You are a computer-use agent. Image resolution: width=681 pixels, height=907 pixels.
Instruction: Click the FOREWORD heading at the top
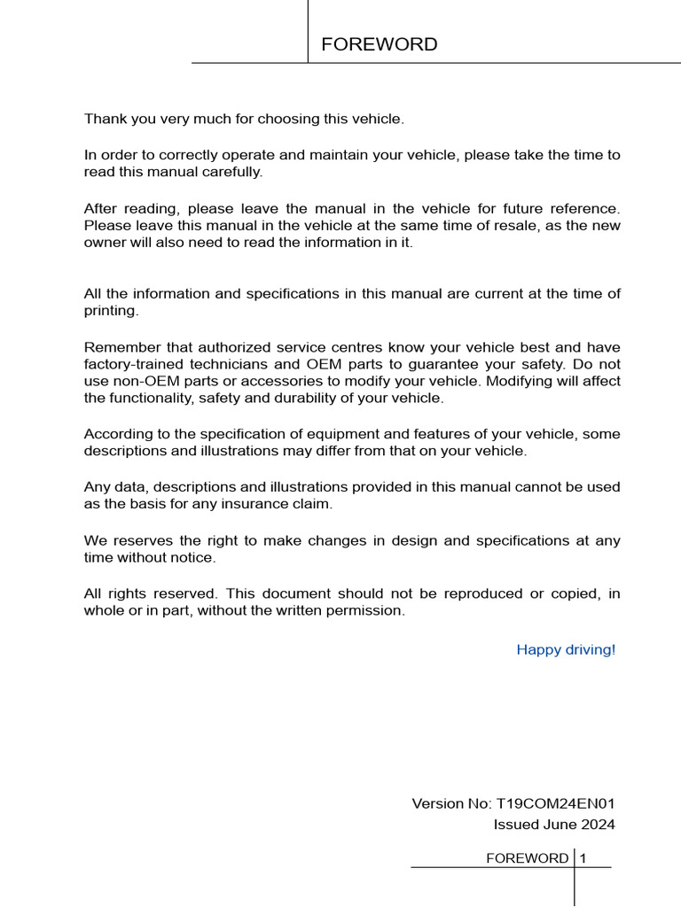coord(379,44)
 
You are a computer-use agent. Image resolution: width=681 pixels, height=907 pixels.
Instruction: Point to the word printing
coord(111,311)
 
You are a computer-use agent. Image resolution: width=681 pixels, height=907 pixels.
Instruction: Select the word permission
coord(365,610)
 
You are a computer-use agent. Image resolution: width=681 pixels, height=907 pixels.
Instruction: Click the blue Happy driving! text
coord(566,649)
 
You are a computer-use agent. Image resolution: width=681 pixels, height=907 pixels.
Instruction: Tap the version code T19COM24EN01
coord(554,803)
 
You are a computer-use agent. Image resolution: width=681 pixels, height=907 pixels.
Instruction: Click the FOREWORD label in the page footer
coord(528,857)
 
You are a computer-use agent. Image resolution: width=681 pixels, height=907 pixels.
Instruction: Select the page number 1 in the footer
coord(583,857)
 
